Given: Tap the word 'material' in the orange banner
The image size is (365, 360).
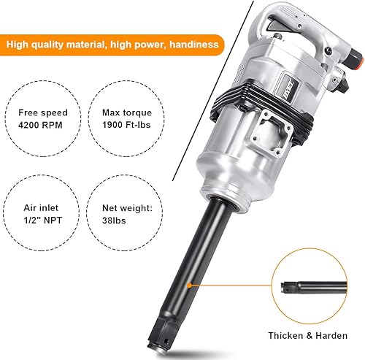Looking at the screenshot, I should click(85, 45).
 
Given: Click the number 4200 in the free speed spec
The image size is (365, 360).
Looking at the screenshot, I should click(33, 126).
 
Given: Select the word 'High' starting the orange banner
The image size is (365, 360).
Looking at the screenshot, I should click(21, 45).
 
